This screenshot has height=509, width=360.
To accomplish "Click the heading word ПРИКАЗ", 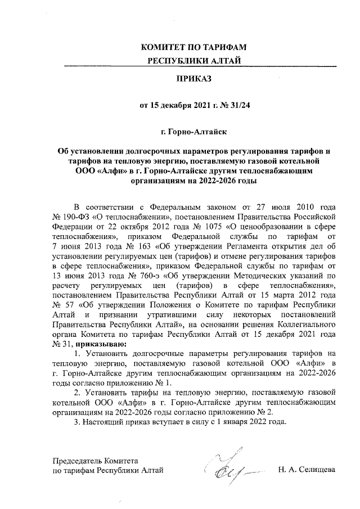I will click(x=193, y=79).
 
